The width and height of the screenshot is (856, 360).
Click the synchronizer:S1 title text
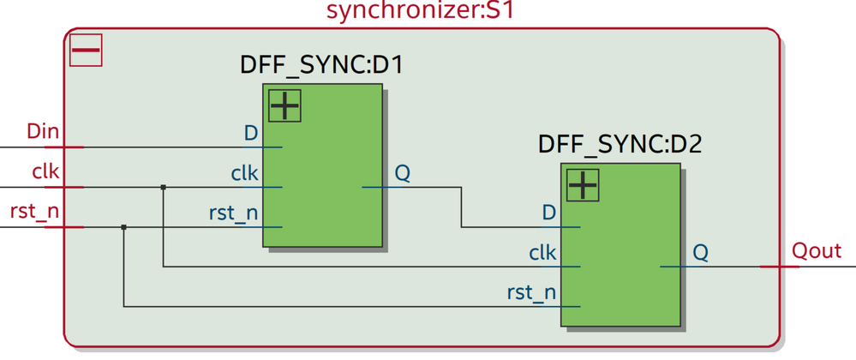(423, 12)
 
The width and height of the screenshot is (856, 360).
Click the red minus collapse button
(86, 50)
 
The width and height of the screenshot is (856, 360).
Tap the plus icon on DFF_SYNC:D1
(284, 105)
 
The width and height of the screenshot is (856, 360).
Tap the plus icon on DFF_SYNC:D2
(582, 184)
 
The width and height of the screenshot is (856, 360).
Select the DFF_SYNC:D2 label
(620, 143)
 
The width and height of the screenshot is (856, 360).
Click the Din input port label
(43, 132)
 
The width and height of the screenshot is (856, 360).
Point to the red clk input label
(45, 171)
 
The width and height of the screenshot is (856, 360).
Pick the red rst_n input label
(34, 211)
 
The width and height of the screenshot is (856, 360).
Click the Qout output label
(816, 251)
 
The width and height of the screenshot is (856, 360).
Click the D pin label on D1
(251, 133)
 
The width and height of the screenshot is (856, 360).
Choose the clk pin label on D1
(244, 173)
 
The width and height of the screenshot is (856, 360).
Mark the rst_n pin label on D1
(233, 213)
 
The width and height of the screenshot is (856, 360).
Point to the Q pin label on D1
(402, 173)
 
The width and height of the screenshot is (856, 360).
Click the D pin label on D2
(549, 212)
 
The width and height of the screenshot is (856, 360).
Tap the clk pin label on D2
(542, 253)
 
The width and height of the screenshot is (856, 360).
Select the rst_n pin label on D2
(531, 293)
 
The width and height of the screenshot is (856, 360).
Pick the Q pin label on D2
(700, 253)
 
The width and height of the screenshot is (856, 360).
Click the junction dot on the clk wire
(163, 187)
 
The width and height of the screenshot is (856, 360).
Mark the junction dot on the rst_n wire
(124, 227)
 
